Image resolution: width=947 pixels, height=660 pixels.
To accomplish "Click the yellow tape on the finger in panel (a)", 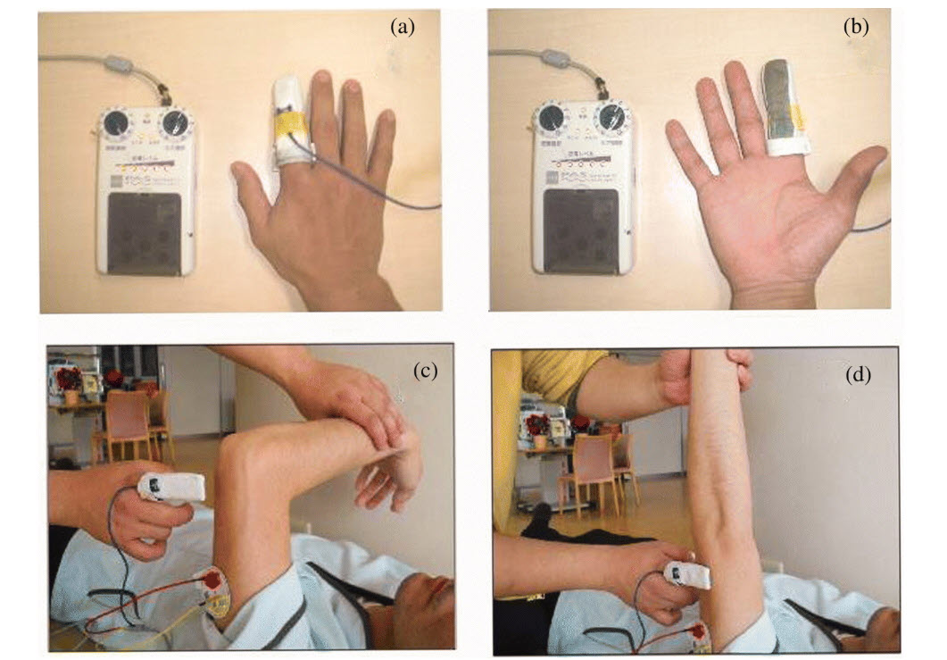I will [x=288, y=121].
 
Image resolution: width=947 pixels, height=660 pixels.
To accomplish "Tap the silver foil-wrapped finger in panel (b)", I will [x=785, y=104].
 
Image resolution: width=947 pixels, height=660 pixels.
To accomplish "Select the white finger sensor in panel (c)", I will [x=171, y=488].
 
